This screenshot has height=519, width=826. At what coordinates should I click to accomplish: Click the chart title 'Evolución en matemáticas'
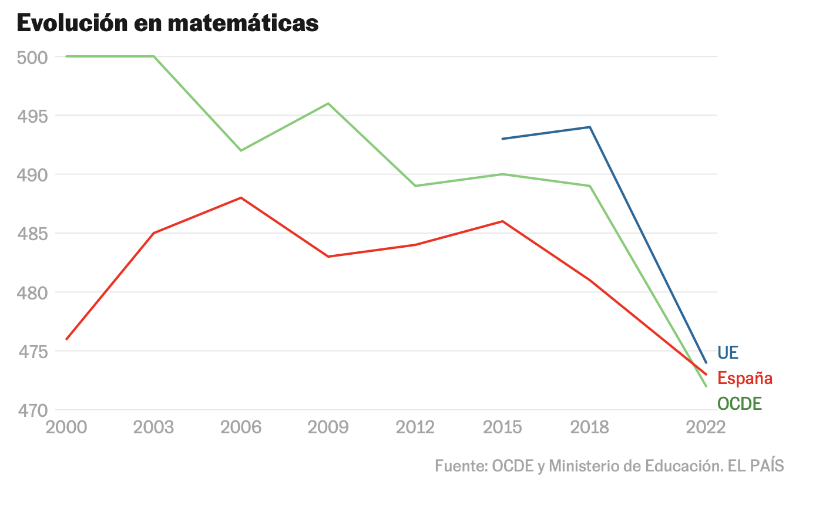(x=168, y=23)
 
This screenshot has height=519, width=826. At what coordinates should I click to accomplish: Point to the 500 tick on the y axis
(x=32, y=58)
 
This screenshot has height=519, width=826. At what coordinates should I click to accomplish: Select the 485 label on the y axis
(x=32, y=234)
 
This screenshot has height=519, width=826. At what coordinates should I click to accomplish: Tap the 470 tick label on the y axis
(x=33, y=410)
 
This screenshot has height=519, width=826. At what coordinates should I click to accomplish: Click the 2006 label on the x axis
(x=241, y=427)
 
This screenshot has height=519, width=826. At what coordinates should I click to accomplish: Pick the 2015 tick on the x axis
(x=503, y=427)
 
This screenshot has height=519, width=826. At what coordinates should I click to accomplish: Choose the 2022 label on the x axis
(x=706, y=427)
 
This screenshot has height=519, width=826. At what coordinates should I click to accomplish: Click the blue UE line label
(x=728, y=353)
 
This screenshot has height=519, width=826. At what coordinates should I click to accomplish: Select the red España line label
(x=745, y=378)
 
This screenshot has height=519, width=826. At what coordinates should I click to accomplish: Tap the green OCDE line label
(x=740, y=403)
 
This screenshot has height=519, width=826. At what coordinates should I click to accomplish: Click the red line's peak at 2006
(x=241, y=198)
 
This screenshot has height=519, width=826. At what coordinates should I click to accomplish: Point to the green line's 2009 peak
(x=328, y=103)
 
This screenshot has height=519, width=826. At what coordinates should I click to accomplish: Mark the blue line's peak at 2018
(x=590, y=127)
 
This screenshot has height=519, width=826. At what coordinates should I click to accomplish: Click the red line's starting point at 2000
(x=66, y=339)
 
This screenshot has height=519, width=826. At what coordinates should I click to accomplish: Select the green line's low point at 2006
(x=241, y=151)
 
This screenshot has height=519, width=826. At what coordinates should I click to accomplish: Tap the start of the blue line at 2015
(x=503, y=139)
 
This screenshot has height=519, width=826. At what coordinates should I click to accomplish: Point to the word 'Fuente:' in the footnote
(x=462, y=466)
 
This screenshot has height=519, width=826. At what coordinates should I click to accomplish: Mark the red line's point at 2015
(x=503, y=221)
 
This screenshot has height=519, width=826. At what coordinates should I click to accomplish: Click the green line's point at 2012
(x=415, y=186)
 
